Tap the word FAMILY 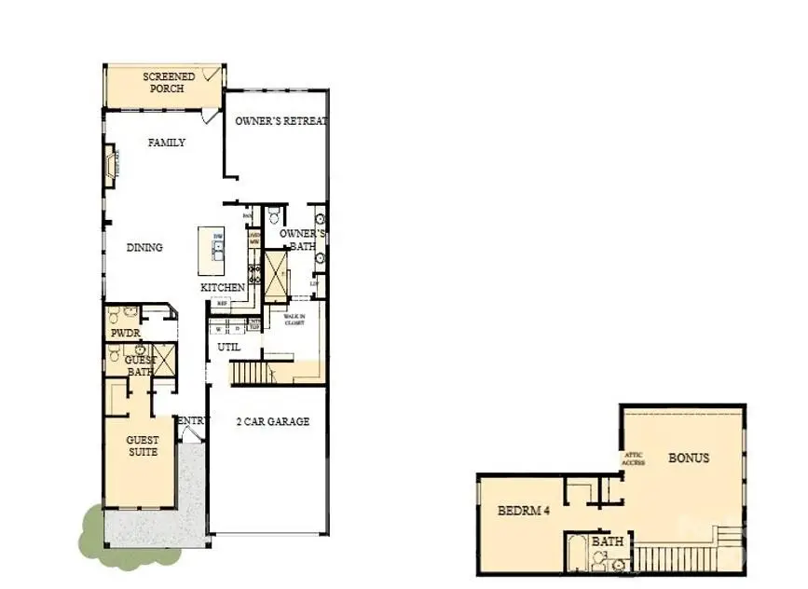pyautogui.click(x=167, y=143)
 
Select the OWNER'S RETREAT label pyautogui.click(x=281, y=121)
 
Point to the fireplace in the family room pyautogui.click(x=111, y=166)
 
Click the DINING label pyautogui.click(x=144, y=248)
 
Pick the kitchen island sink pyautogui.click(x=217, y=248)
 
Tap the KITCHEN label pyautogui.click(x=223, y=288)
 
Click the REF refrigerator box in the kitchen pyautogui.click(x=223, y=303)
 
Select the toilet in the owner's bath pyautogui.click(x=274, y=216)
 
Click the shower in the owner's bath pyautogui.click(x=277, y=276)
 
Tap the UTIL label pyautogui.click(x=228, y=347)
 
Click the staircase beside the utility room pyautogui.click(x=250, y=374)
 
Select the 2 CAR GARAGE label pyautogui.click(x=272, y=421)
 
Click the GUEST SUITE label pyautogui.click(x=143, y=445)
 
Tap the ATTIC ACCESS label pyautogui.click(x=633, y=458)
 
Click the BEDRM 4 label pyautogui.click(x=517, y=511)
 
